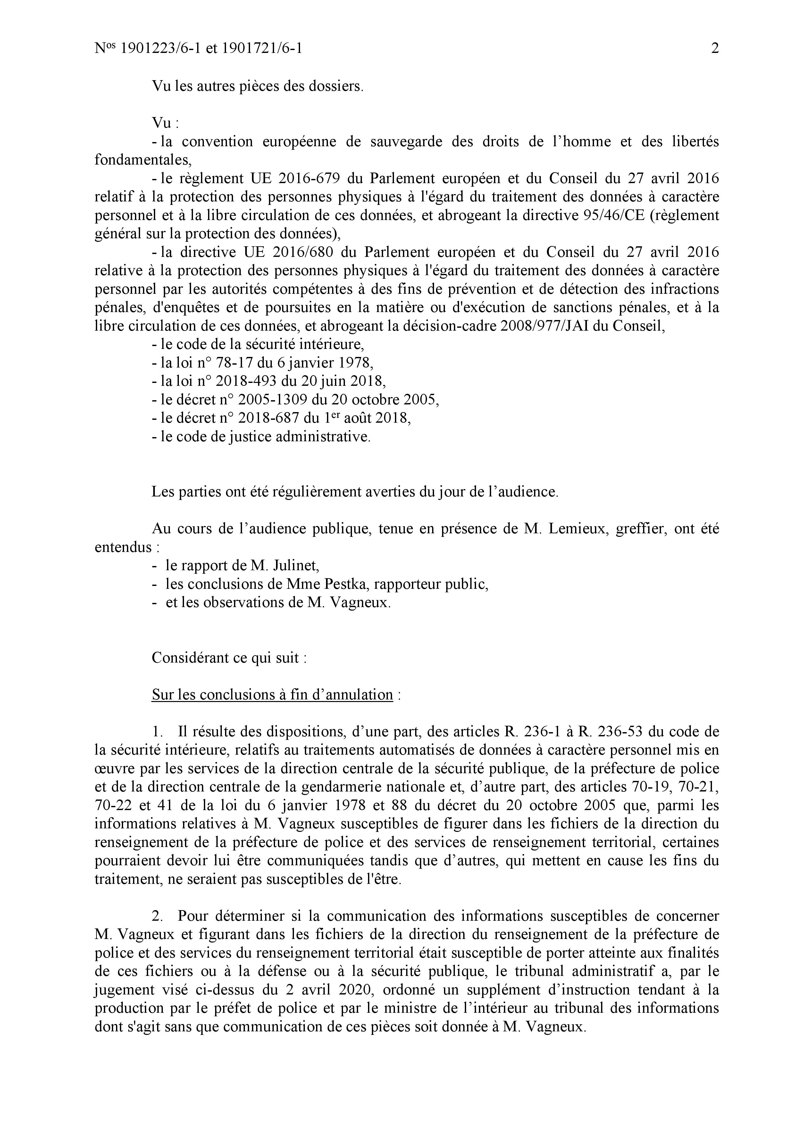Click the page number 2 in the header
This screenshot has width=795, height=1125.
click(x=715, y=48)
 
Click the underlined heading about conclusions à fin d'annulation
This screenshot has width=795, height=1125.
click(x=272, y=695)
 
